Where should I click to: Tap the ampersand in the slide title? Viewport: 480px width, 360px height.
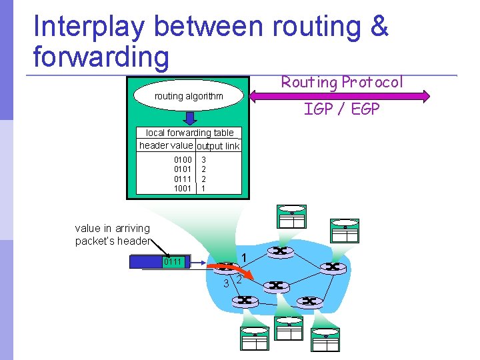coord(377,27)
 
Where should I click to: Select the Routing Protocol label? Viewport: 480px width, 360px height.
coord(342,82)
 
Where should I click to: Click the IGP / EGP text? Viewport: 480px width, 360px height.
coord(341,109)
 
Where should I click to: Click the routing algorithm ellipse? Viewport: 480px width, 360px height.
coord(189,97)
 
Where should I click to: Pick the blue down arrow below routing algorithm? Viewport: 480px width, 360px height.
coord(189,118)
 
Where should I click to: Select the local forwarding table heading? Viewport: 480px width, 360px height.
coord(189,133)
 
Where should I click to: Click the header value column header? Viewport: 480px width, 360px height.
coord(166,145)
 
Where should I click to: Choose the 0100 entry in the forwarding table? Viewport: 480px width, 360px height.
coord(183,160)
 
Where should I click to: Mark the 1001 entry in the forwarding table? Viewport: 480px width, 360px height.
coord(183,189)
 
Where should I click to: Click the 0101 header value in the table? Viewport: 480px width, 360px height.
coord(183,169)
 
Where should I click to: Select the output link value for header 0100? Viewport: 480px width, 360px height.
coord(204,160)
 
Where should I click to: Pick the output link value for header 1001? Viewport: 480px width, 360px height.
coord(204,189)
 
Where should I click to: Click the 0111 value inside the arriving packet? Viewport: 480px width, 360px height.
coord(173,262)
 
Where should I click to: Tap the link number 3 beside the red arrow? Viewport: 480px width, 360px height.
coord(226,283)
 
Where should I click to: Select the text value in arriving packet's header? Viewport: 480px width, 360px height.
coord(113,235)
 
